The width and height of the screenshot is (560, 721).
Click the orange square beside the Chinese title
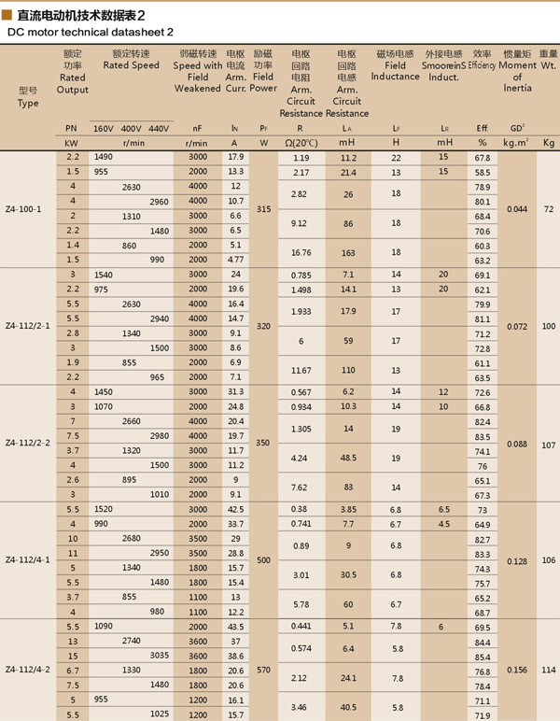click(8, 16)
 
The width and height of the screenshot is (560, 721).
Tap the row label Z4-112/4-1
click(29, 560)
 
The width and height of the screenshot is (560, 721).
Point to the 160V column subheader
click(103, 127)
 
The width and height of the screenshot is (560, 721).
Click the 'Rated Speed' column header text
click(131, 66)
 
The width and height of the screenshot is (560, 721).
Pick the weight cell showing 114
click(548, 670)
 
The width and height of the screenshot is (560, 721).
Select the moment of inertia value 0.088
click(516, 444)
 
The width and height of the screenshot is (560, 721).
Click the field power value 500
click(264, 560)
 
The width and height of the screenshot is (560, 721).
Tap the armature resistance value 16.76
click(301, 252)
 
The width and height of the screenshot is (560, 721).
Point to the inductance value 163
click(347, 252)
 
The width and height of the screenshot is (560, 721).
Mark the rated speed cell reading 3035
click(158, 656)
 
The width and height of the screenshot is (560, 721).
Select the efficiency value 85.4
click(483, 656)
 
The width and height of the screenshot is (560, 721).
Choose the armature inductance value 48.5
click(347, 459)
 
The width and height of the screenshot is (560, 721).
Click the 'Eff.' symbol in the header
click(483, 127)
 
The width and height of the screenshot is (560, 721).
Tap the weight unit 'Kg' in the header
click(548, 143)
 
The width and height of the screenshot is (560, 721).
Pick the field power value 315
click(264, 209)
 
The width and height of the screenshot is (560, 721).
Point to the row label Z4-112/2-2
click(29, 444)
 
